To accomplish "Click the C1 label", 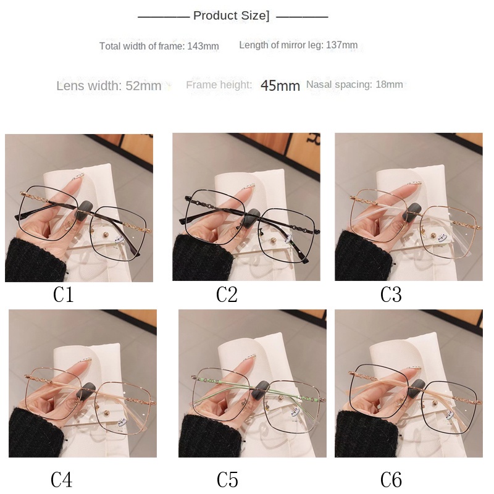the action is tap(64, 295).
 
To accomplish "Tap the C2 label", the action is tap(227, 295).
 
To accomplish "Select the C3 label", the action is tap(391, 295).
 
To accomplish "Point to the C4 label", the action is tap(61, 480).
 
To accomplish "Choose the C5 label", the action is tap(227, 480).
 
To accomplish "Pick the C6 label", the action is tap(391, 480).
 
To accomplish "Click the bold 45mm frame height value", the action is tap(280, 85).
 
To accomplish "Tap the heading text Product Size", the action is tap(231, 16).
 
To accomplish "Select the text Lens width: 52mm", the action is tap(109, 86).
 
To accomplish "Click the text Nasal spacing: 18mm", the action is tap(354, 85).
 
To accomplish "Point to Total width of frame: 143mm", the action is tap(159, 46).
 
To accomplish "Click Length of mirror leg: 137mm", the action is tap(298, 44).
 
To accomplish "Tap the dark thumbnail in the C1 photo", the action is tap(85, 209).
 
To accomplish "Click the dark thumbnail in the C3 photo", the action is tap(414, 210).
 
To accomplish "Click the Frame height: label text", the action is tap(219, 85).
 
